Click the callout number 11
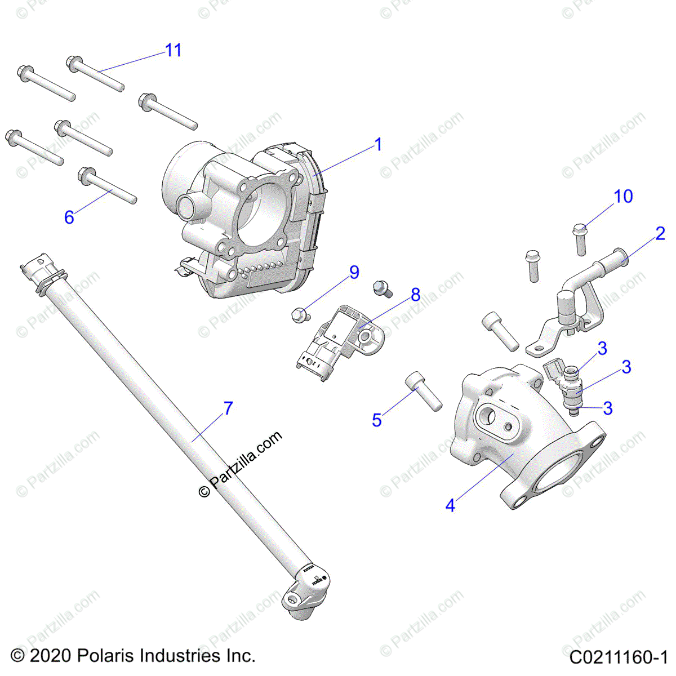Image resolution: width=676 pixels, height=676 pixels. [x=174, y=50]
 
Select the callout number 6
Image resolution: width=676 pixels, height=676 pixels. [x=69, y=217]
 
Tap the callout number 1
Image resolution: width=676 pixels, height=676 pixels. [x=378, y=145]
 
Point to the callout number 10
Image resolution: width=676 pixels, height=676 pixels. [x=623, y=197]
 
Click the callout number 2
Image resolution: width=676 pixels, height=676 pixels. [x=660, y=233]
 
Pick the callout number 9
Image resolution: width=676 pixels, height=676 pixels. [x=354, y=273]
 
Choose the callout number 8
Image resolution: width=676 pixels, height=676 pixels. [x=415, y=294]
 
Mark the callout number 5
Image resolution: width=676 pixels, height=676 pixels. [x=377, y=420]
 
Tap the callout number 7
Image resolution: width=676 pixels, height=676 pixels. [x=228, y=408]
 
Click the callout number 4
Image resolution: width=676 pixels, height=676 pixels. [x=450, y=505]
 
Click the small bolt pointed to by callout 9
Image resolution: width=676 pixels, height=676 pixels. [x=299, y=315]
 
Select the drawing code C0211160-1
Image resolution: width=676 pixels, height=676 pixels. [x=618, y=657]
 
